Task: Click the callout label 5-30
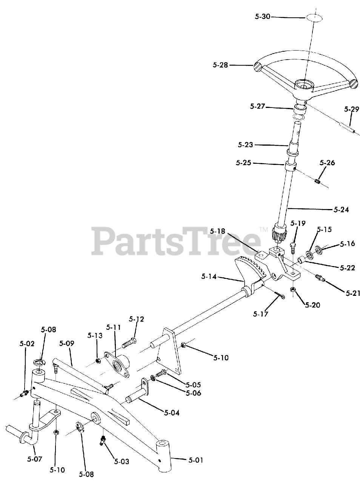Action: tap(263, 17)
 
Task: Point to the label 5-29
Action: tap(352, 109)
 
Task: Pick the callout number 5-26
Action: tap(327, 163)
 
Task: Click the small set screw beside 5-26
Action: tap(317, 182)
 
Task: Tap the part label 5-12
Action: tap(136, 319)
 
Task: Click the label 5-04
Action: tap(172, 413)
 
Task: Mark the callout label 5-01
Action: tap(196, 460)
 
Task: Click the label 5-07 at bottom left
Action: tap(35, 459)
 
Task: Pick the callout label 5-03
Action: tap(122, 461)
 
